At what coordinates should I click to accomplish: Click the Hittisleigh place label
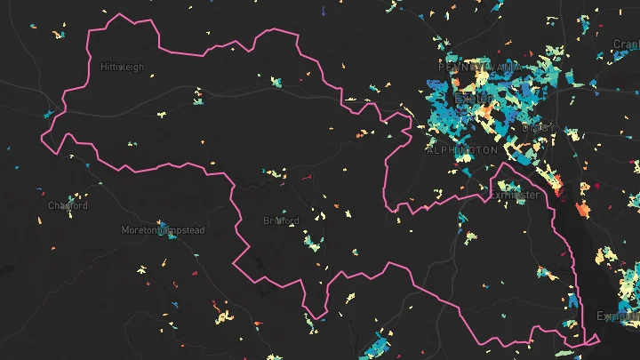[x=122, y=67]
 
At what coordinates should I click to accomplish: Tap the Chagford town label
[x=68, y=206]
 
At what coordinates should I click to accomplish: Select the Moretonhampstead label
[x=163, y=230]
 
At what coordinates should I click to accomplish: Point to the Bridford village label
[x=281, y=220]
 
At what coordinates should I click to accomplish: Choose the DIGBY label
[x=538, y=127]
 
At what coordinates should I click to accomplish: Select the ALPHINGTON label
[x=462, y=150]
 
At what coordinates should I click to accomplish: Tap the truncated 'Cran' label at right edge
[x=626, y=44]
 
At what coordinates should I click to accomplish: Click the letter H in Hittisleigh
[x=103, y=67]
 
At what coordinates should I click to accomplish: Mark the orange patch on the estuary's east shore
[x=583, y=210]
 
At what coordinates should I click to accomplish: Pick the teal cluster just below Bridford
[x=312, y=242]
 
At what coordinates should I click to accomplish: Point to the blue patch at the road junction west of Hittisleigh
[x=49, y=114]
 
